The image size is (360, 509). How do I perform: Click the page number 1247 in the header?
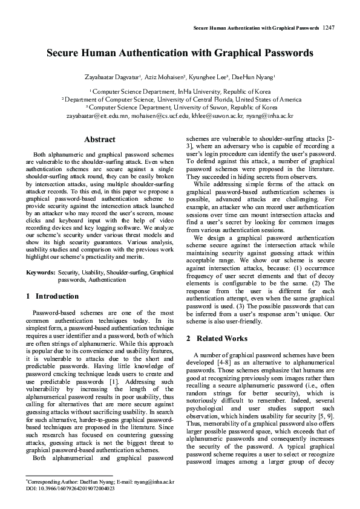(x=329, y=28)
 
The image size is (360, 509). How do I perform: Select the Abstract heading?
(x=100, y=140)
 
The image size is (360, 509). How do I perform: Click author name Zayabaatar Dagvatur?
(x=113, y=77)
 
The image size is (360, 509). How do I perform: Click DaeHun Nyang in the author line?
(x=253, y=77)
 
